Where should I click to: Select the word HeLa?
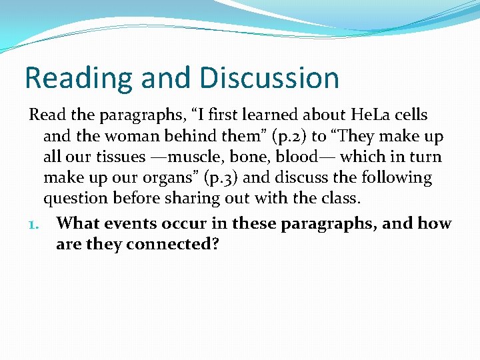[359, 115]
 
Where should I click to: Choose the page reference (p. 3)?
[243, 179]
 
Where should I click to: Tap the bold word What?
[79, 223]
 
